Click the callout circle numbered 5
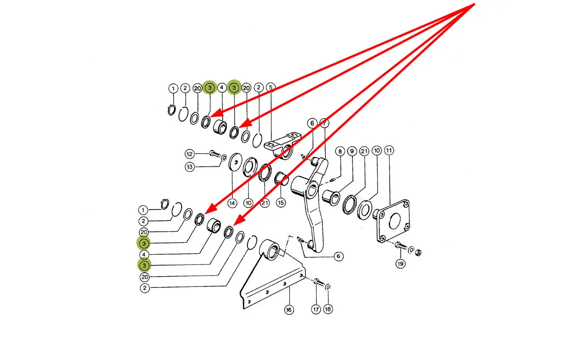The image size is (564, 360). coord(270,88)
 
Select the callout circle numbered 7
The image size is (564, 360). coord(325,122)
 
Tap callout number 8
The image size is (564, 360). coord(340,152)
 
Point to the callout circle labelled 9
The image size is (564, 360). coord(352,152)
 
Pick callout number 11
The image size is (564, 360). coord(389,152)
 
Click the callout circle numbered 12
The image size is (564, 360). coord(190,154)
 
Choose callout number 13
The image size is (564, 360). coord(190,167)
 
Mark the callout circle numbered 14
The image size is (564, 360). coord(232,203)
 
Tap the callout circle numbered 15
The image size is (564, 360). coord(281,203)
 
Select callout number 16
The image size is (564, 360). coord(289,309)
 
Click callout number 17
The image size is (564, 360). coord(316,309)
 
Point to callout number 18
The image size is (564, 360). coord(328,309)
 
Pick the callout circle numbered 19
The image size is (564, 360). coord(400,264)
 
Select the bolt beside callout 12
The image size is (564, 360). coord(214,155)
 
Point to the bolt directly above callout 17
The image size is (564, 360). coord(317,283)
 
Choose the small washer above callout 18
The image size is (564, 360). coord(328,286)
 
